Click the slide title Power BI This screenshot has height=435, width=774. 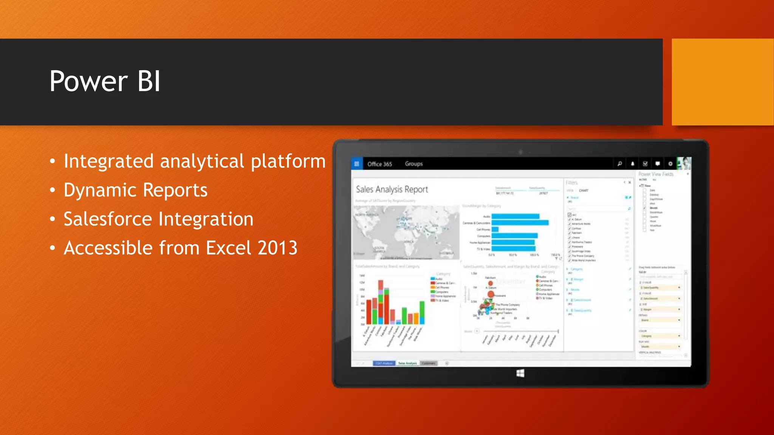[x=105, y=81]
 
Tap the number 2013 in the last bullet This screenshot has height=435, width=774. [x=278, y=248]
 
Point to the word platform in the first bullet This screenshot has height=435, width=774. [x=288, y=161]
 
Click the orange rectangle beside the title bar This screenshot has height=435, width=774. [x=722, y=82]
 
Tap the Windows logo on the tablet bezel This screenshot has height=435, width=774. [x=520, y=373]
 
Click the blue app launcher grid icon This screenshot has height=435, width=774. [x=356, y=164]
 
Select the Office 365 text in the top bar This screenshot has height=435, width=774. [x=379, y=164]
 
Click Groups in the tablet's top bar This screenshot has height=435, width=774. [x=413, y=164]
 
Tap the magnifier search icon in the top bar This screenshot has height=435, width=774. [x=619, y=164]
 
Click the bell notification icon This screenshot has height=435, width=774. [x=632, y=164]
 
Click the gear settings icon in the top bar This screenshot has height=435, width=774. [x=670, y=164]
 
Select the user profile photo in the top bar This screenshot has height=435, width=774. [x=684, y=164]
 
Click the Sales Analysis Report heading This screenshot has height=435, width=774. [x=392, y=189]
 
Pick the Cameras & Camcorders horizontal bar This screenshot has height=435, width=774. [x=520, y=223]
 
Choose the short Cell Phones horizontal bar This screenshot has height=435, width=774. [x=495, y=229]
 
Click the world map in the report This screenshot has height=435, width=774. [x=406, y=232]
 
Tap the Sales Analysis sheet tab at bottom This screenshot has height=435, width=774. [x=407, y=363]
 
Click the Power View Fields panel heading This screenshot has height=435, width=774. [x=656, y=174]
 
